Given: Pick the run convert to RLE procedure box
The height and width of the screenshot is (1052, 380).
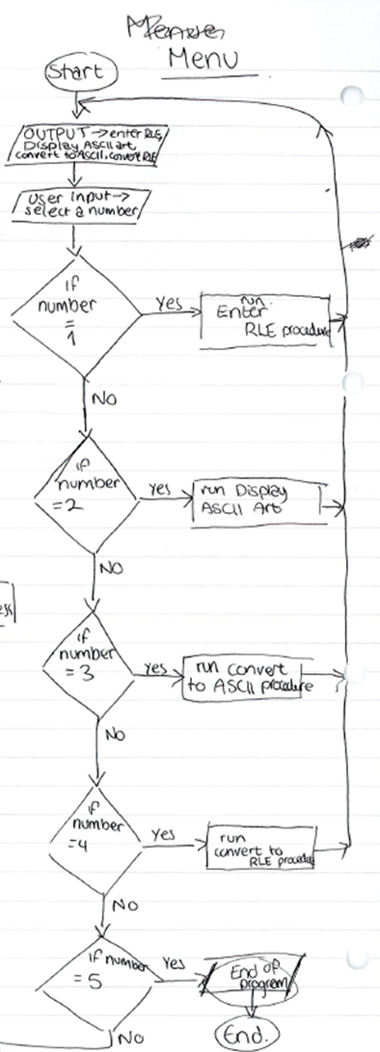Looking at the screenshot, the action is point(261,846).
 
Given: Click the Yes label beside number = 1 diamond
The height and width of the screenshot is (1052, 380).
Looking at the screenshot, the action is point(171,306).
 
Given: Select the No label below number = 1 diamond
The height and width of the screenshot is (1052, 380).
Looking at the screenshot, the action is point(103,397).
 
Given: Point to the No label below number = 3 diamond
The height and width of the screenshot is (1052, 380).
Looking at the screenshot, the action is point(115,735).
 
